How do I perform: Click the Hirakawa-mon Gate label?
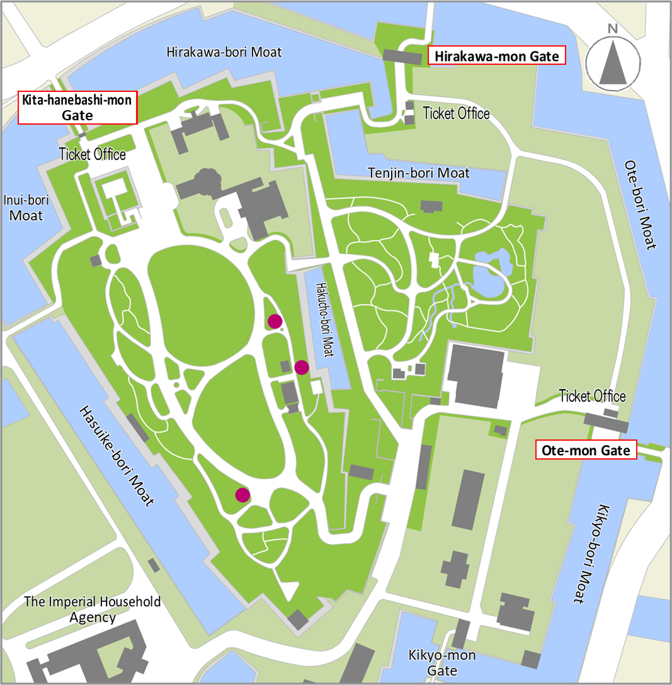[x=496, y=56]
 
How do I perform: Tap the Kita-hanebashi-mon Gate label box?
[x=77, y=108]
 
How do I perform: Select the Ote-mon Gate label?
[x=586, y=451]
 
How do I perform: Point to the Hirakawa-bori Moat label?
[x=224, y=52]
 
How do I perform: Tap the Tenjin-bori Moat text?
[x=419, y=172]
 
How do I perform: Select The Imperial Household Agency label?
[x=93, y=609]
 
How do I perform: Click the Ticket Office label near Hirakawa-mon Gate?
[x=456, y=114]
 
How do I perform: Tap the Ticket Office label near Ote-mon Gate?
[x=592, y=396]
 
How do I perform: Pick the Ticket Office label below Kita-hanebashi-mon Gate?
[x=93, y=154]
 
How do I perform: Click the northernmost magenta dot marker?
[x=275, y=322]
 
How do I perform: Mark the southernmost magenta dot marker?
[x=242, y=495]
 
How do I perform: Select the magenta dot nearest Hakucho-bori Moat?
[x=301, y=367]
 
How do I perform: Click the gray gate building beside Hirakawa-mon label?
[x=402, y=57]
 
